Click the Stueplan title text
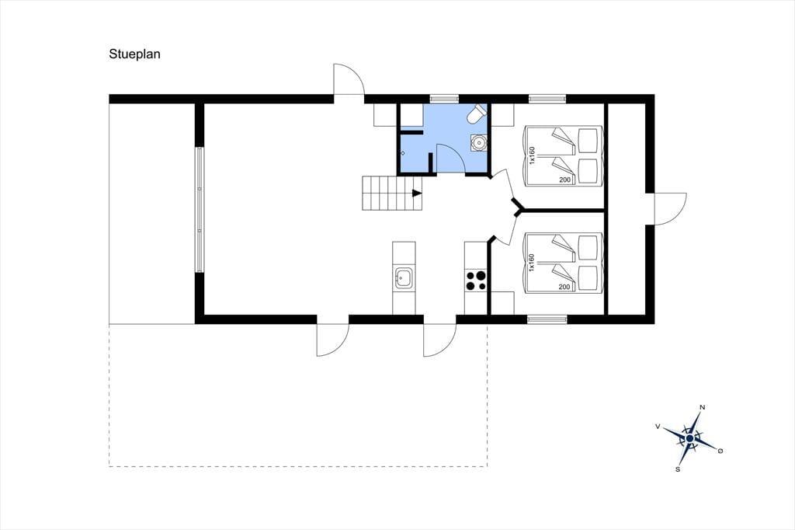coord(134,54)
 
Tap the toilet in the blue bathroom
coord(477,113)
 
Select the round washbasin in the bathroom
coord(478,143)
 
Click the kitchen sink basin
coord(404,278)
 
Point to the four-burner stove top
coord(476,281)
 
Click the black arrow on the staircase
coord(417,193)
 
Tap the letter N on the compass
coord(702,407)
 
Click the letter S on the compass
coord(677,469)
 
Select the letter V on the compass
coord(658,427)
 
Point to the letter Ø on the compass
coord(720,450)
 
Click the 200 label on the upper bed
coord(564,180)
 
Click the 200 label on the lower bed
coord(564,287)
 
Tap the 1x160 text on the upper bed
coord(532,155)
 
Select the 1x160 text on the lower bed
coord(532,263)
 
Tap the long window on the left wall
coord(200,210)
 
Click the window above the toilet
coord(444,99)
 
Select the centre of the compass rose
coord(689,438)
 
